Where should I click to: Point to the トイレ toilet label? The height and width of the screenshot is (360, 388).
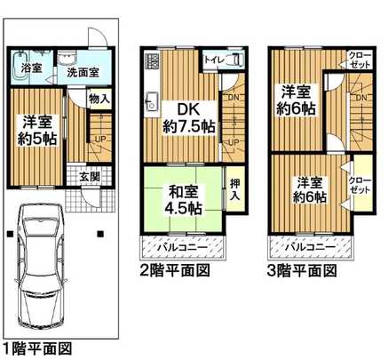[213, 61]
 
